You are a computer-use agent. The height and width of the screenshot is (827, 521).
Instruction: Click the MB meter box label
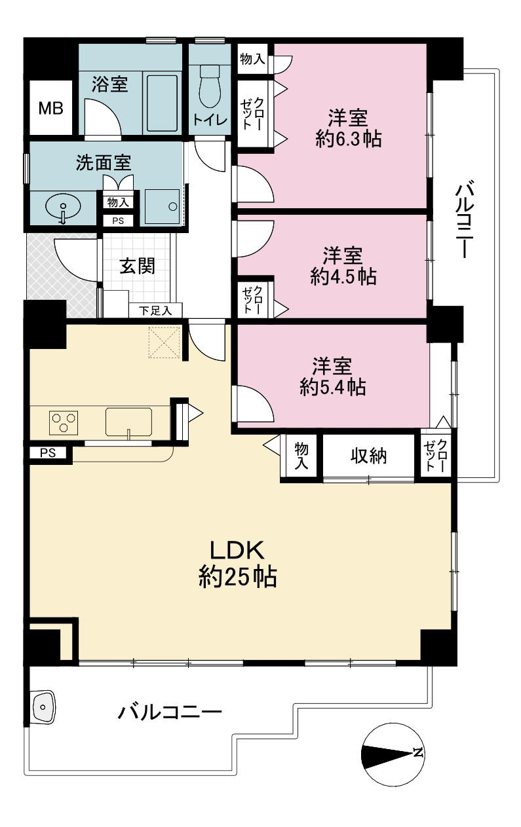pyautogui.click(x=51, y=108)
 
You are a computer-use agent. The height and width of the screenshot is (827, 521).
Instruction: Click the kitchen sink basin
pyautogui.click(x=128, y=422)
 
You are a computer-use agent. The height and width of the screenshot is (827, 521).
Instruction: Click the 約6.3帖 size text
pyautogui.click(x=349, y=139)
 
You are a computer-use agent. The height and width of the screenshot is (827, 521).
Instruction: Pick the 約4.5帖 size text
pyautogui.click(x=343, y=276)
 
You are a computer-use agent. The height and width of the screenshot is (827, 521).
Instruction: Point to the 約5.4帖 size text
pyautogui.click(x=333, y=387)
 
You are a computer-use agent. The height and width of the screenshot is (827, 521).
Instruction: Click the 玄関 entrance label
pyautogui.click(x=137, y=266)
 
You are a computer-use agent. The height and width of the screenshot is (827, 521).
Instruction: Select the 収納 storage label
pyautogui.click(x=368, y=456)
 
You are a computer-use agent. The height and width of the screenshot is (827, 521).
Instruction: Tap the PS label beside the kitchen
pyautogui.click(x=48, y=452)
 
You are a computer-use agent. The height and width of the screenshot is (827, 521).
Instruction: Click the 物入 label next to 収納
pyautogui.click(x=301, y=456)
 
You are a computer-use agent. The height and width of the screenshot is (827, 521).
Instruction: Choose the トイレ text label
pyautogui.click(x=210, y=120)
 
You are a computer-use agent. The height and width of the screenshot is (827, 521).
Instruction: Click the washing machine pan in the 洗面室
pyautogui.click(x=163, y=206)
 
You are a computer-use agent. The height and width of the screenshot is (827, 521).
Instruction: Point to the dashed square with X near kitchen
pyautogui.click(x=164, y=342)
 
